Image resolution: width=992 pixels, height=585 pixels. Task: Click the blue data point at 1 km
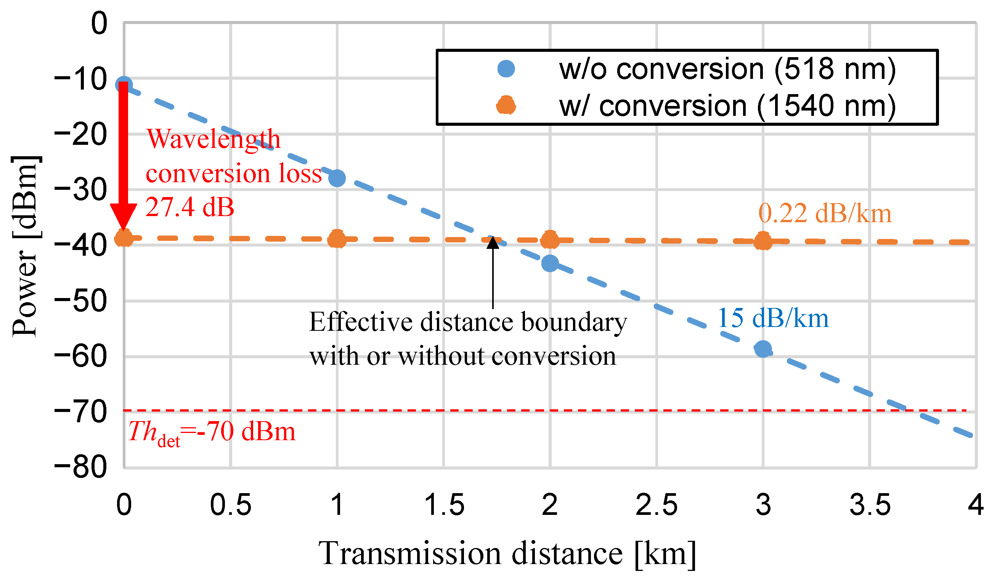(x=337, y=178)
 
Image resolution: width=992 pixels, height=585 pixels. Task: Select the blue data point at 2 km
(x=550, y=263)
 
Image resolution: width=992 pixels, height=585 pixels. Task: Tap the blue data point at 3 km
(x=763, y=349)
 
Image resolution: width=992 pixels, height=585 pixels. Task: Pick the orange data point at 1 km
(x=337, y=239)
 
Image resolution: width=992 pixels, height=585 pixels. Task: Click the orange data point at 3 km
(x=763, y=241)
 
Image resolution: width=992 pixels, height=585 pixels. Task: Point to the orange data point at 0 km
(x=124, y=238)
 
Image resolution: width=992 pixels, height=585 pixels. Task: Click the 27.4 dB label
(x=190, y=207)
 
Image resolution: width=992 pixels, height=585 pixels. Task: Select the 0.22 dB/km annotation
(x=825, y=214)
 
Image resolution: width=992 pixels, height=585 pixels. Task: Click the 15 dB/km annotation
(x=773, y=319)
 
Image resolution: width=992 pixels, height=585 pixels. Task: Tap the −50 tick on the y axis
(x=81, y=301)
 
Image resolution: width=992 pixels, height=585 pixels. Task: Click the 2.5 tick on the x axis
(x=657, y=505)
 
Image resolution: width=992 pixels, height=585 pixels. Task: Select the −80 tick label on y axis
(x=81, y=468)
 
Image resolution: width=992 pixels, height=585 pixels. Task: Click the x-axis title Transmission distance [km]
(x=508, y=554)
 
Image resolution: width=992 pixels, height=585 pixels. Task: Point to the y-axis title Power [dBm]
(x=26, y=246)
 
